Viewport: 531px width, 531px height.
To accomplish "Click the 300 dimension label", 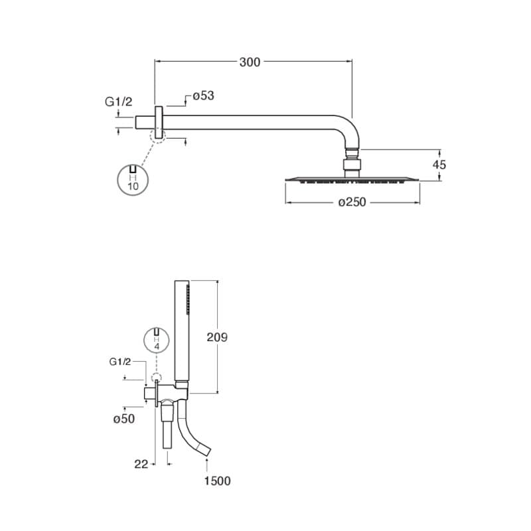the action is point(250,62).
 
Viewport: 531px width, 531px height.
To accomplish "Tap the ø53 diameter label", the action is point(204,96).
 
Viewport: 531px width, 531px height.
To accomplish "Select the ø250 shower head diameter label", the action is point(352,202).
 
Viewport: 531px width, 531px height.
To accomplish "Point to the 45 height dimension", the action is point(439,165).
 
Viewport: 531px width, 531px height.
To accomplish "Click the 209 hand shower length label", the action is point(217,337).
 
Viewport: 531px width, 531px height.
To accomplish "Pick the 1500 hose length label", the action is point(218,481).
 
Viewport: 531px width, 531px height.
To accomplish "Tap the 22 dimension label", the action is point(141,464).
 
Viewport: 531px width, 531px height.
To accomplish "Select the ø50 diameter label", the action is point(124,419).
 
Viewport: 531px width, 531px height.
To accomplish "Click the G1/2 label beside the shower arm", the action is point(119,102).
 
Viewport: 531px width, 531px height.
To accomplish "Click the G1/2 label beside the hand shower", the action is point(120,362).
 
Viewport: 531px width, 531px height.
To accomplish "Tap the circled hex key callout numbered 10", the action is point(133,180).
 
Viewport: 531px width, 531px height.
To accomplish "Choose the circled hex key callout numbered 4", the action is point(157,340).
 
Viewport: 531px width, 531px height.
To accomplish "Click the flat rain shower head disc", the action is point(352,179).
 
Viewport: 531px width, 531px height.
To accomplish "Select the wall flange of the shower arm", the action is point(159,122).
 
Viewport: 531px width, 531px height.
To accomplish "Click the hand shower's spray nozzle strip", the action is point(188,297).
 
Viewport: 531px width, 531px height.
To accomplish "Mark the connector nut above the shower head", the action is point(352,165).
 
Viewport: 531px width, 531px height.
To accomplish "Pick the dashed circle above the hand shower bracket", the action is point(157,378).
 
